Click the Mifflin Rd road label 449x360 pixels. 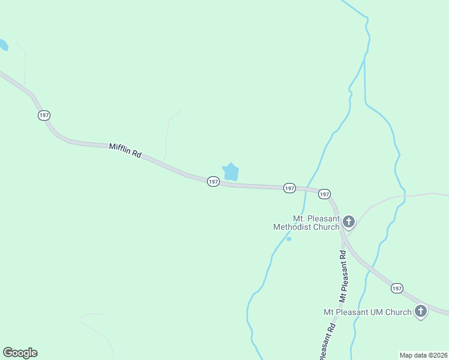tap(125, 151)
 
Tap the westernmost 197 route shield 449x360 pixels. tap(44, 115)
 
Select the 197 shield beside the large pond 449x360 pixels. tap(213, 181)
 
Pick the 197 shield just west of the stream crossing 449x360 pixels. tap(289, 188)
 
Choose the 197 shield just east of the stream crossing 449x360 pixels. tap(324, 194)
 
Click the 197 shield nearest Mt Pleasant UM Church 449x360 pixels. tap(397, 289)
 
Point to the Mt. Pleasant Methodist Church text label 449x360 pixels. tap(306, 223)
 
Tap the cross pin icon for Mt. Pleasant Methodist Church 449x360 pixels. tap(349, 222)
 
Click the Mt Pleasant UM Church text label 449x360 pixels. tap(367, 312)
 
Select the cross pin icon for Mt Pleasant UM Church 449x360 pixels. tap(421, 311)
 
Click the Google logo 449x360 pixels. tap(20, 353)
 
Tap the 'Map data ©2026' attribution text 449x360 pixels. tap(423, 355)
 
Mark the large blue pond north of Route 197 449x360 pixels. tap(231, 172)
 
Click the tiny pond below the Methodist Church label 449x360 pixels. tap(289, 239)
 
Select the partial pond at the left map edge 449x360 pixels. tap(3, 45)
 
